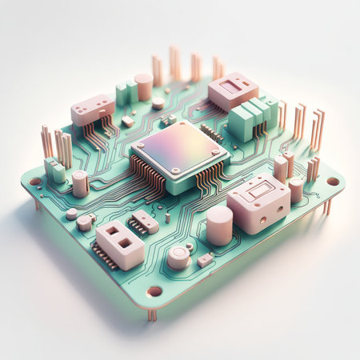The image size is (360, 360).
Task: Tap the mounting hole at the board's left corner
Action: pyautogui.click(x=35, y=182)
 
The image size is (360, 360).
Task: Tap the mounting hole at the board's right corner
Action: pyautogui.click(x=333, y=181)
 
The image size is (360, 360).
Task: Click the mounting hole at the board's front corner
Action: pyautogui.click(x=154, y=291)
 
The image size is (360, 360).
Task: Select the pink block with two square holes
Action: pyautogui.click(x=120, y=243)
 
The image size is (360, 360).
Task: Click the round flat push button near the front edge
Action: pyautogui.click(x=179, y=257)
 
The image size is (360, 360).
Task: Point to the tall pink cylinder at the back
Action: pyautogui.click(x=144, y=86)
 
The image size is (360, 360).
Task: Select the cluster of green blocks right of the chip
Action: pyautogui.click(x=251, y=118)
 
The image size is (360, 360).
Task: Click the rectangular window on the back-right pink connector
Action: pyautogui.click(x=231, y=86)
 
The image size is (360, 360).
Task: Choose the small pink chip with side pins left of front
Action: pyautogui.click(x=145, y=222)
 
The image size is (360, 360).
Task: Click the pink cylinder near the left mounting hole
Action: pyautogui.click(x=80, y=184)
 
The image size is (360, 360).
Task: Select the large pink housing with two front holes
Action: pyautogui.click(x=258, y=203)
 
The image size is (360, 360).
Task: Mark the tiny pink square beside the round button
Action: pyautogui.click(x=205, y=259)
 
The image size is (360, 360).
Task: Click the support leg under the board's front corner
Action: pyautogui.click(x=152, y=314)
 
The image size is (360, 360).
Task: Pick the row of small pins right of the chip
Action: pyautogui.click(x=212, y=133)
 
